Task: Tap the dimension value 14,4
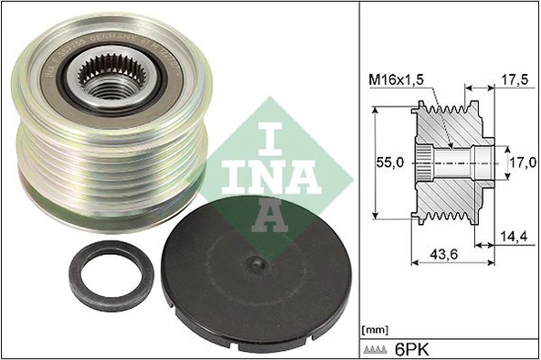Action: pos(514,238)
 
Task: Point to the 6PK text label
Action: pos(416,349)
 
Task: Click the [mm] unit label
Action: pos(375,328)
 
